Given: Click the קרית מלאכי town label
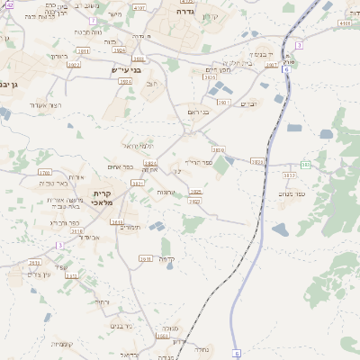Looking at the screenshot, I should (x=103, y=199).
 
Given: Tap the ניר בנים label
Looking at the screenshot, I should (x=121, y=325).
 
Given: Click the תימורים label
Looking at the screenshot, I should (x=130, y=227).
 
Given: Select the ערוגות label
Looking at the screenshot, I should (x=166, y=193).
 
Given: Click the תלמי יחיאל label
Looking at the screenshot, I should (x=138, y=146).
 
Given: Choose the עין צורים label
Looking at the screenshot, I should (x=40, y=274).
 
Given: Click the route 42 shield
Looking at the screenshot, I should (x=9, y=4).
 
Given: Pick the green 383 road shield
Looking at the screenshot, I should (x=306, y=165).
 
